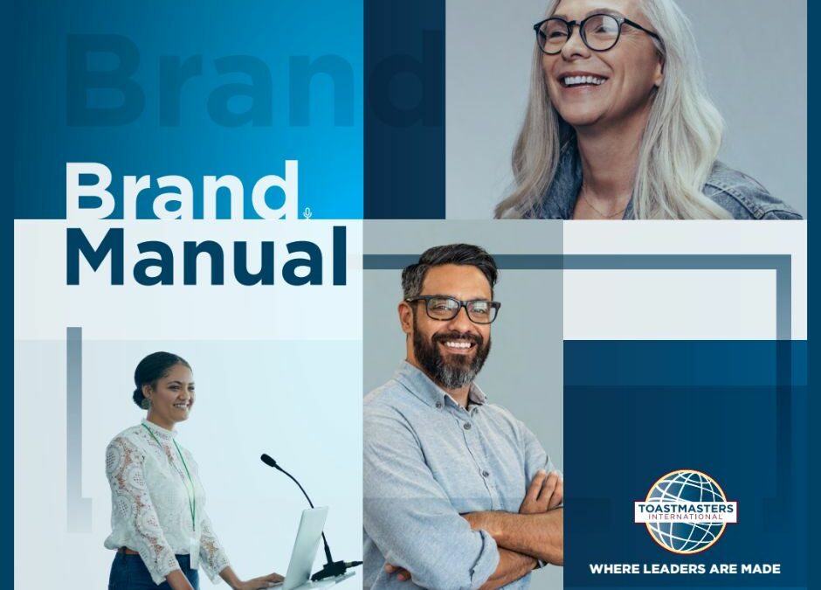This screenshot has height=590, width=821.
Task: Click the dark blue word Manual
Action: [x=206, y=256]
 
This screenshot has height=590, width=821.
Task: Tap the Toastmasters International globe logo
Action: [x=686, y=511]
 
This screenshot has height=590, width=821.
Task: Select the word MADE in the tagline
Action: [x=762, y=569]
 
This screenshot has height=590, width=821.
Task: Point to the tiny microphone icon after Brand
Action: [x=307, y=212]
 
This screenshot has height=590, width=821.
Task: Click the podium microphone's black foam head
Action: [x=269, y=460]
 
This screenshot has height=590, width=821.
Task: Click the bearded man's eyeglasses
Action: [x=453, y=309]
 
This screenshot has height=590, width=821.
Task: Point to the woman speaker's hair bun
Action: [x=141, y=387]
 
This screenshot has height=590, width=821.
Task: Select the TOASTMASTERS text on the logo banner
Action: [x=686, y=509]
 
